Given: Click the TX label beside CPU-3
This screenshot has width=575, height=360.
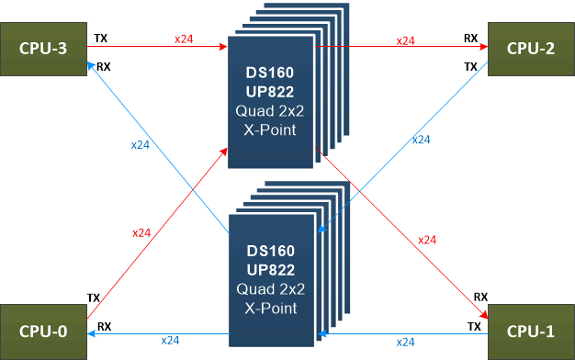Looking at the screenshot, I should pyautogui.click(x=100, y=39).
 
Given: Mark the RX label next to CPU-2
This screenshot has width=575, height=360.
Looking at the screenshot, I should pyautogui.click(x=470, y=39).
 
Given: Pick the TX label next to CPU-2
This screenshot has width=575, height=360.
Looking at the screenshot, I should pyautogui.click(x=470, y=66).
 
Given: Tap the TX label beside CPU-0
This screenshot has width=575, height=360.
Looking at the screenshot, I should pyautogui.click(x=94, y=298).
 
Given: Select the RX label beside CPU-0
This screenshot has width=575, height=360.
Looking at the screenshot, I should pyautogui.click(x=104, y=326).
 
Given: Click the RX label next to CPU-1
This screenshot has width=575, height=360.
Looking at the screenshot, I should pyautogui.click(x=480, y=298).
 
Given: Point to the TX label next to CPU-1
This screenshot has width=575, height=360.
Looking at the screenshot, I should pyautogui.click(x=475, y=326).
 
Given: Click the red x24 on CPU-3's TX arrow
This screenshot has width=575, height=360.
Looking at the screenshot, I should pyautogui.click(x=184, y=39).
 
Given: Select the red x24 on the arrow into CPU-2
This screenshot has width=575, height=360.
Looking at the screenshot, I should pyautogui.click(x=405, y=40).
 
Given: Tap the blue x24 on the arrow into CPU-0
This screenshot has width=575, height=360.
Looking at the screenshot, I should pyautogui.click(x=170, y=340).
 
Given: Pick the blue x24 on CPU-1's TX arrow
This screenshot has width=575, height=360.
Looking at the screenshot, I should pyautogui.click(x=405, y=342).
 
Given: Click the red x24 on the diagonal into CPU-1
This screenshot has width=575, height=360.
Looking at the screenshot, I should pyautogui.click(x=427, y=239).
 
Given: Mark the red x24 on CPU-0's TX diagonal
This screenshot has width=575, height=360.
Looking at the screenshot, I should pyautogui.click(x=141, y=232).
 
